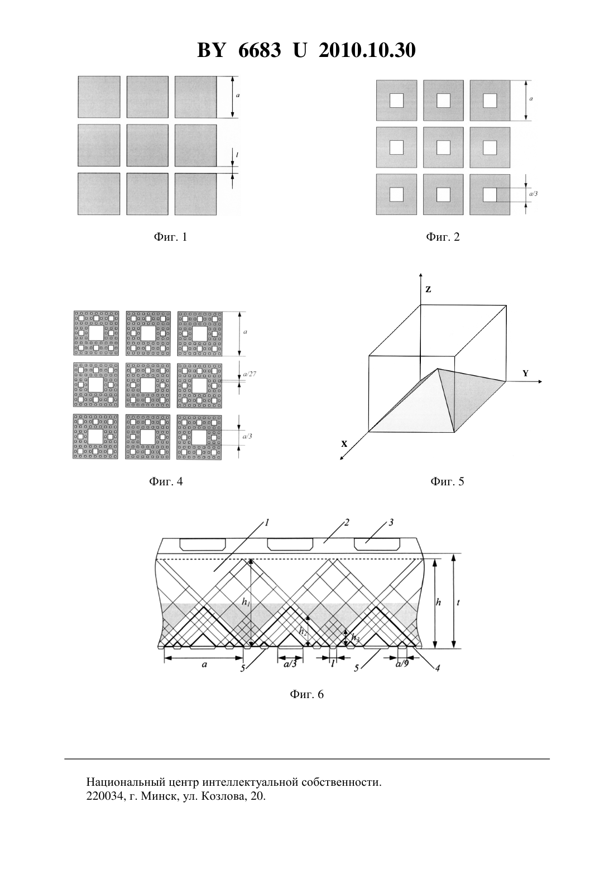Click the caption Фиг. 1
tap(171, 237)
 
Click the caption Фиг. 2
tap(443, 237)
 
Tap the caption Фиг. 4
tap(166, 481)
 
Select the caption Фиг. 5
tap(447, 481)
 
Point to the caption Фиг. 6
tap(306, 694)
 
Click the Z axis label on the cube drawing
tap(428, 289)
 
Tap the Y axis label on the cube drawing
tap(525, 374)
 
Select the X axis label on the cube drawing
tap(344, 444)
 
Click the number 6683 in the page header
tap(260, 50)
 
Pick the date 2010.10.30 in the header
tap(367, 50)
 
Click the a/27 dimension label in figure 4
tap(250, 374)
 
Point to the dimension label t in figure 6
tap(458, 603)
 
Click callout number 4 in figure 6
tap(438, 668)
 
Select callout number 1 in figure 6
tap(267, 523)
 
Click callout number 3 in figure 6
tap(391, 523)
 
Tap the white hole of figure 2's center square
tap(443, 147)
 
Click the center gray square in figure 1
tap(147, 145)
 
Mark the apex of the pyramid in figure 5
tap(438, 368)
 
